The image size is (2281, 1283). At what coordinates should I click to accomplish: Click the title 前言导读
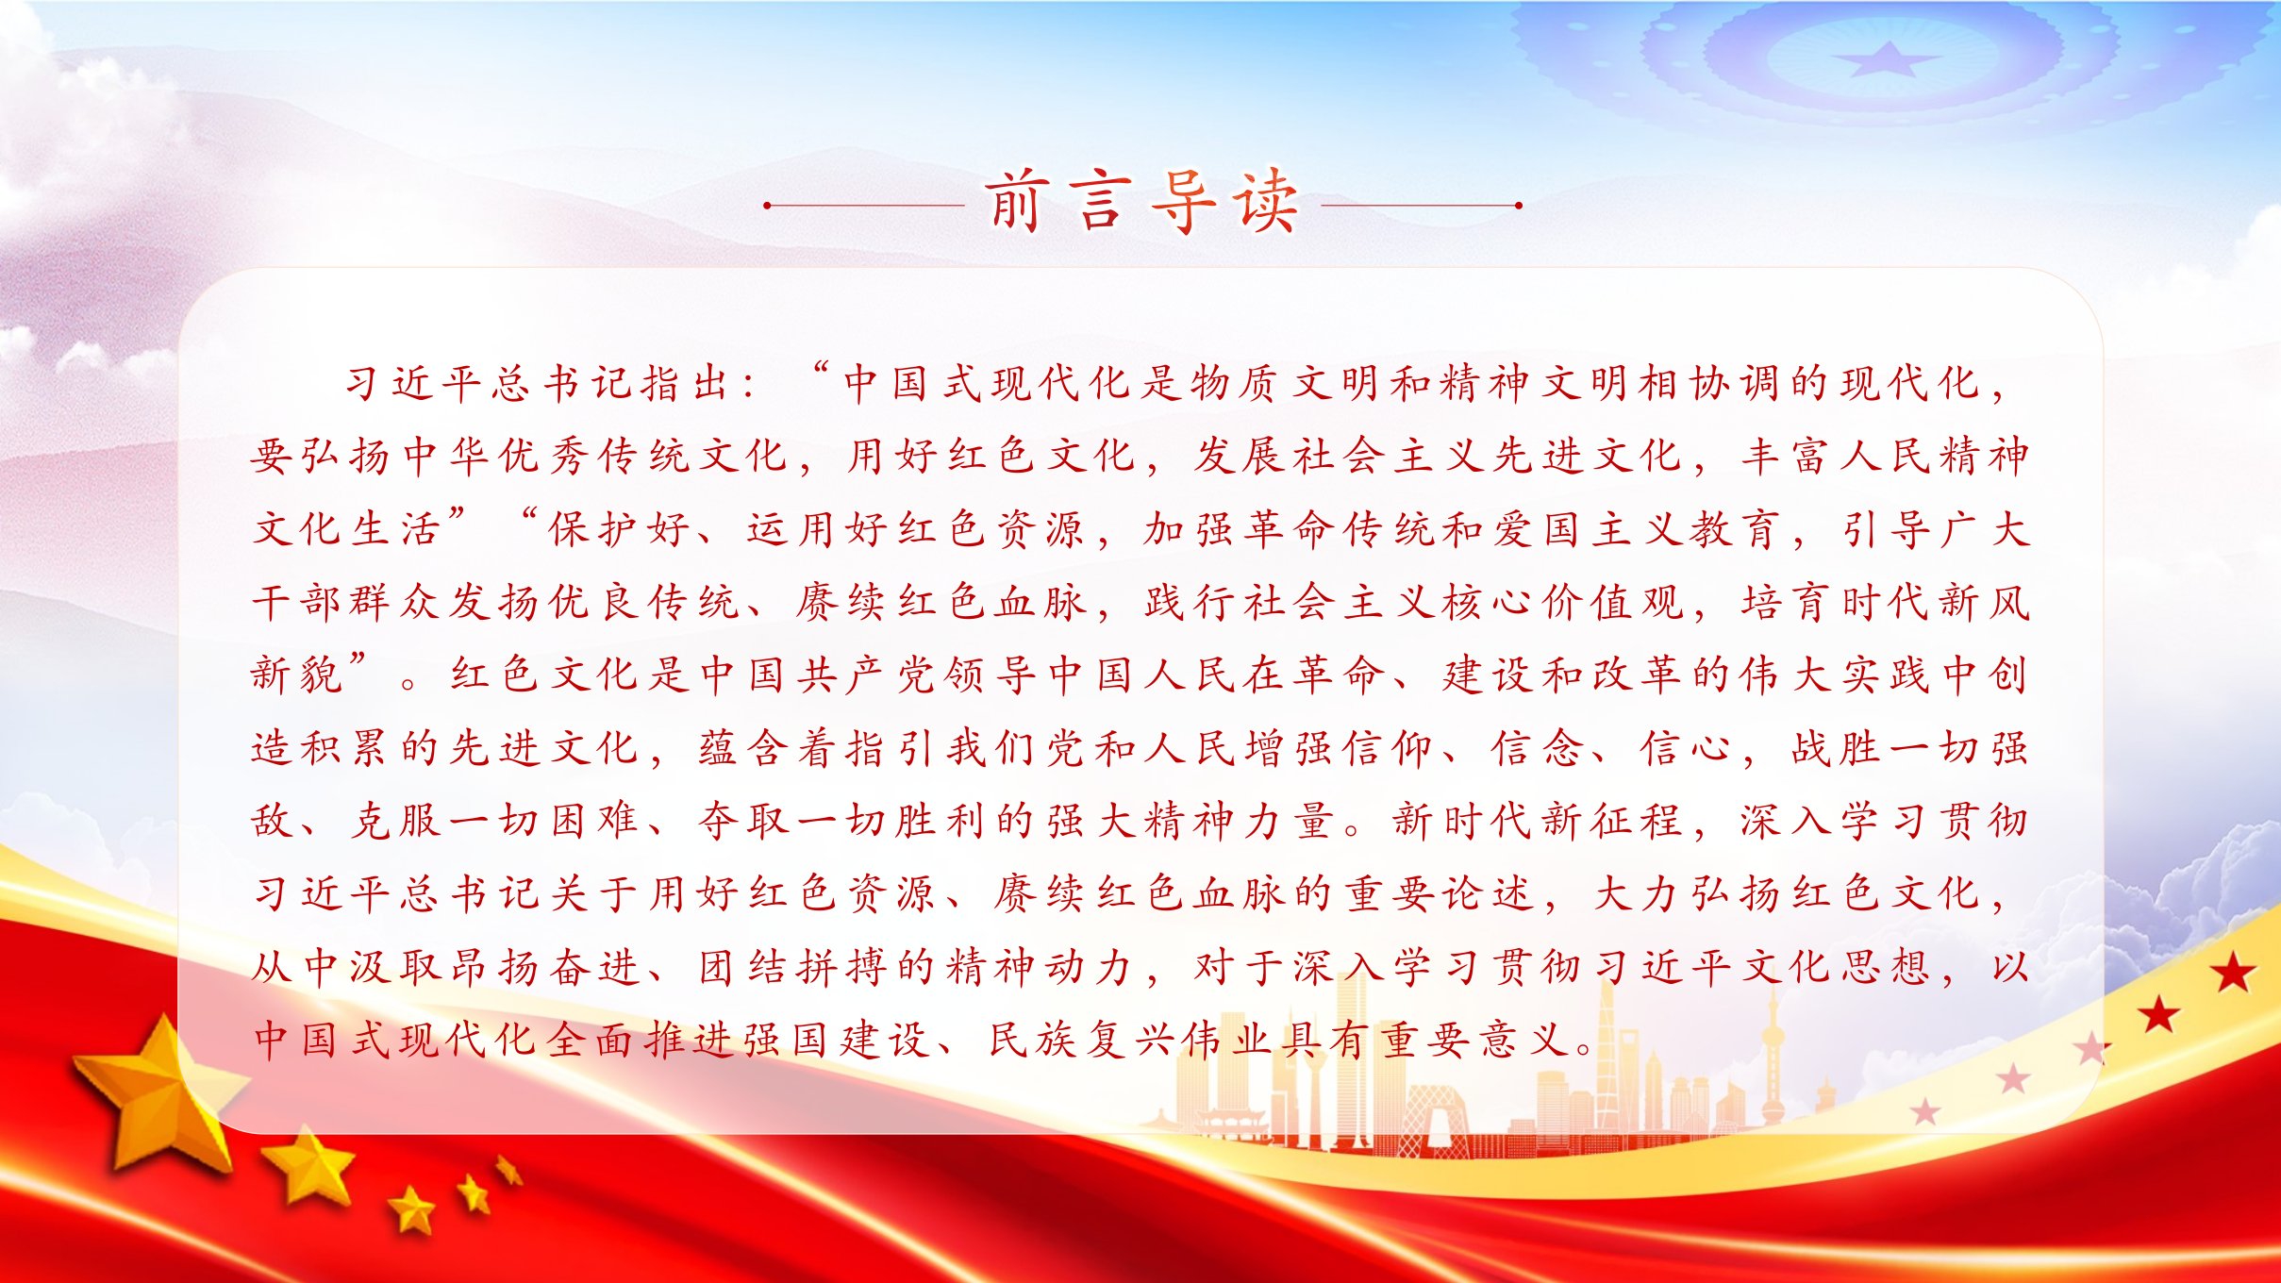(1142, 202)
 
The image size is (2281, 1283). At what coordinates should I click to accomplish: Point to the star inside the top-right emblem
(1886, 59)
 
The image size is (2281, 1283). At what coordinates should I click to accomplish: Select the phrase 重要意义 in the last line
(1477, 1041)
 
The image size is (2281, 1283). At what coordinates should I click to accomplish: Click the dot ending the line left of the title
(768, 205)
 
